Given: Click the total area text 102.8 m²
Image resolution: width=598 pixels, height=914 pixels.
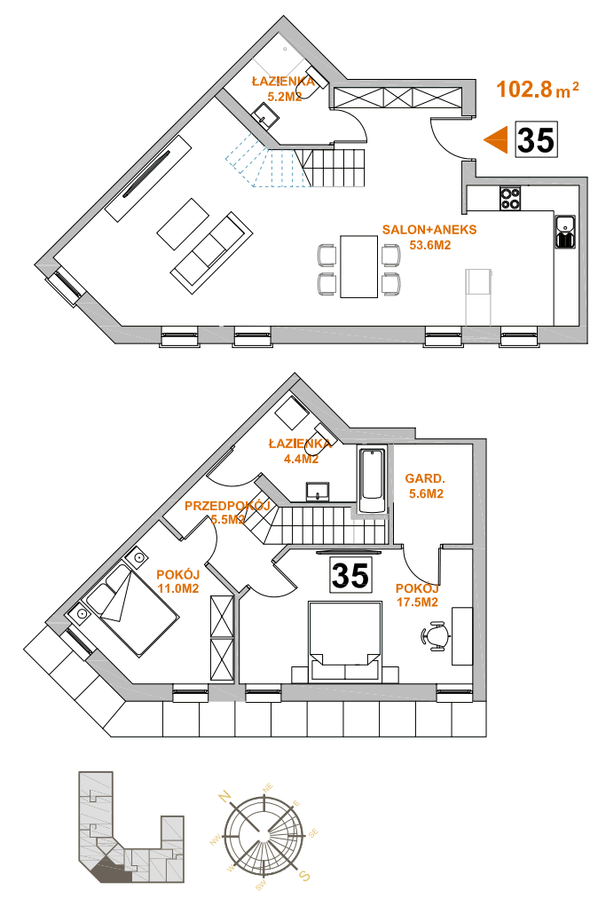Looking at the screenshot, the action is [x=538, y=90].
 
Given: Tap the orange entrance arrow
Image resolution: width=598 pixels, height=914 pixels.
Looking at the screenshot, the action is [x=497, y=140].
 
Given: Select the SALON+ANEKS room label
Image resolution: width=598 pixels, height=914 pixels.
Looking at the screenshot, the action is [x=429, y=230].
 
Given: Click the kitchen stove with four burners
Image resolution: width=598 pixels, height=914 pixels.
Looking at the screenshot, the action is [x=510, y=198].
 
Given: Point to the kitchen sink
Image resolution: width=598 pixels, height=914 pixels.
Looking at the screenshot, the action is [x=565, y=232].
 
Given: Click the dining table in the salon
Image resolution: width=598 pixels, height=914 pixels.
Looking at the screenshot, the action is [x=359, y=266].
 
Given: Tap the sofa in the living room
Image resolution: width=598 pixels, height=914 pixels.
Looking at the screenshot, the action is [x=211, y=252].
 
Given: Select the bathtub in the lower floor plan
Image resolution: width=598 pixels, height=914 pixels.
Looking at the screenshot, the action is [x=373, y=480].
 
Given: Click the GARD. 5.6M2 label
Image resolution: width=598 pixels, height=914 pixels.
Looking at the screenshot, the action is [x=424, y=486].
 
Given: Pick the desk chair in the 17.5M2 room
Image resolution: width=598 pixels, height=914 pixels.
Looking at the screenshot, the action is [x=436, y=635].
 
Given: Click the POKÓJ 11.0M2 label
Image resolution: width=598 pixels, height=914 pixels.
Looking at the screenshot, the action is [x=177, y=582].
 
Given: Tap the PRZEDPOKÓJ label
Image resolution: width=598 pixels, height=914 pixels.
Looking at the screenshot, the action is [x=227, y=506].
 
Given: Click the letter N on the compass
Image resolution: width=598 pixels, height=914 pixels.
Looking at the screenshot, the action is [x=225, y=796].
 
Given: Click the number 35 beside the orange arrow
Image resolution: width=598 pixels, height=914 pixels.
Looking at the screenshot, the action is [x=536, y=140].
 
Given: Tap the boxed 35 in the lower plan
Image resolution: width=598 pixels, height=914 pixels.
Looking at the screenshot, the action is [x=350, y=575].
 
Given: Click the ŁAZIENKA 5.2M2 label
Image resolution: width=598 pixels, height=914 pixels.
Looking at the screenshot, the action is [x=283, y=90].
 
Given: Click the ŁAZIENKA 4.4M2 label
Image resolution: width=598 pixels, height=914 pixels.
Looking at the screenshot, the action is [x=300, y=451].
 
